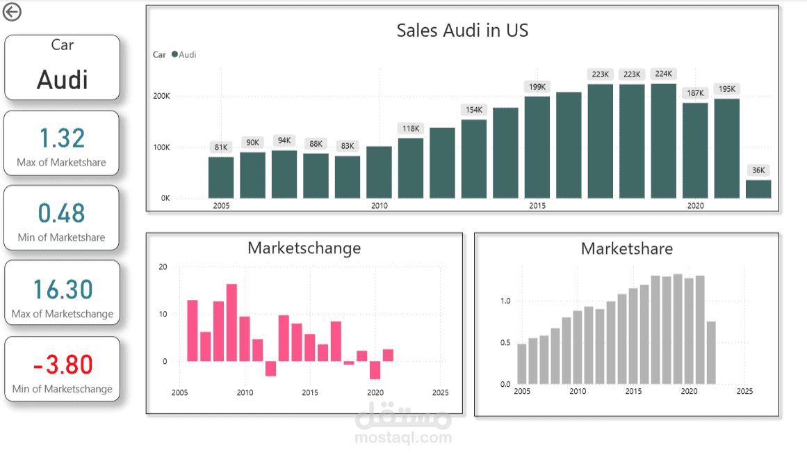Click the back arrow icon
click(13, 12)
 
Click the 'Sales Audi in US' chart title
click(462, 30)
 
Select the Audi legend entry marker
click(174, 54)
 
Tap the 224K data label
click(663, 74)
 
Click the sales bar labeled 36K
click(758, 189)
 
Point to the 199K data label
click(537, 87)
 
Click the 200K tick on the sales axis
click(161, 96)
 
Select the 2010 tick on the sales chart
click(379, 206)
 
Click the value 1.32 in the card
click(63, 138)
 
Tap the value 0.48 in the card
click(62, 213)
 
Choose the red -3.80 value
click(63, 364)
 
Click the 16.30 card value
click(63, 289)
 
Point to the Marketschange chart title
click(304, 248)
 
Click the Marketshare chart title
click(627, 248)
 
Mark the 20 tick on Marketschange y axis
click(163, 266)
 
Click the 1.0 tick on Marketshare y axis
click(505, 301)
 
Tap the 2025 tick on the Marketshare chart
click(744, 392)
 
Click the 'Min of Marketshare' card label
click(62, 237)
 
